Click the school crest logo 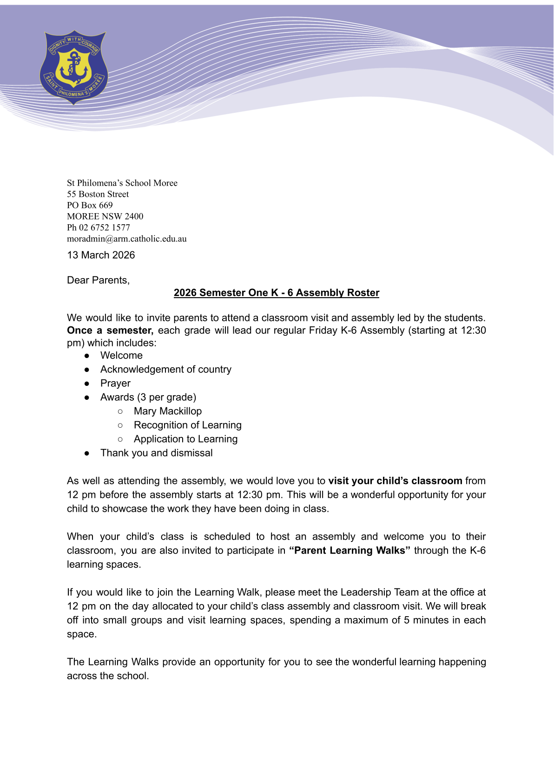tap(74, 67)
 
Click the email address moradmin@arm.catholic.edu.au tap(127, 239)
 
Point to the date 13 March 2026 tap(101, 255)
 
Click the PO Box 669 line tap(90, 205)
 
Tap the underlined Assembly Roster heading tap(277, 293)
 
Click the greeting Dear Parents tap(98, 280)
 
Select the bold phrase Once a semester tap(110, 330)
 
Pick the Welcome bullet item tap(121, 355)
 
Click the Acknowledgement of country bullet tap(165, 369)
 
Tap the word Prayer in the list tap(115, 383)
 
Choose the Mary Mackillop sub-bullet tap(167, 411)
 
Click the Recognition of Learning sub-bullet tap(187, 425)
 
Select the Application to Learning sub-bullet tap(185, 439)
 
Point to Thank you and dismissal tap(156, 453)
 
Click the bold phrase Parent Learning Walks tap(350, 550)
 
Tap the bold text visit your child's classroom tap(395, 481)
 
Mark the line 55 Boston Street tap(98, 194)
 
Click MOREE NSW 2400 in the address tap(105, 216)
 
